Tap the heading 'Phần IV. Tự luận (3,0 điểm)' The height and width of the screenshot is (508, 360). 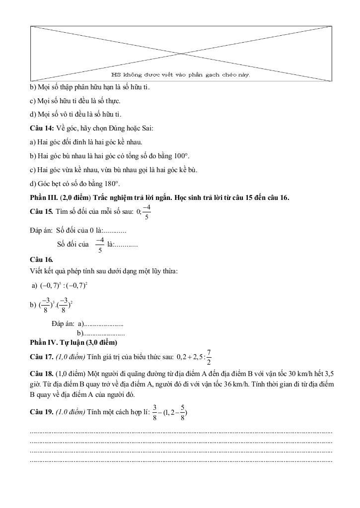pyautogui.click(x=73, y=342)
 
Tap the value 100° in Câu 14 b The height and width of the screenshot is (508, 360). pyautogui.click(x=182, y=156)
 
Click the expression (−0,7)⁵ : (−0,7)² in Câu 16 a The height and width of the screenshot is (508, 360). pyautogui.click(x=64, y=286)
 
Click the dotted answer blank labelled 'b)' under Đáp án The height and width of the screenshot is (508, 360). pyautogui.click(x=104, y=333)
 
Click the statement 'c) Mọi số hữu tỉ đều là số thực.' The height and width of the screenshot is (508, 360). pyautogui.click(x=75, y=101)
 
